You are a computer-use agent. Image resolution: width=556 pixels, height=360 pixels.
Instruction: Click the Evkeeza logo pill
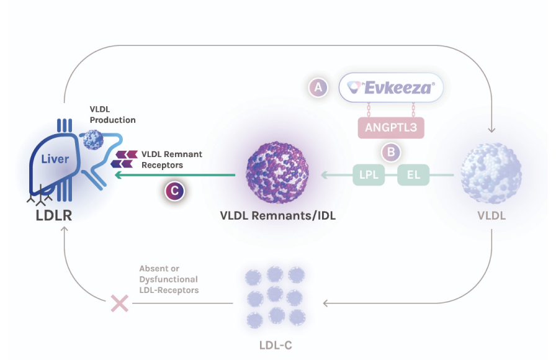pyautogui.click(x=391, y=88)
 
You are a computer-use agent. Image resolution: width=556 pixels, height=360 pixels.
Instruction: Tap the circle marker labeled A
pyautogui.click(x=318, y=88)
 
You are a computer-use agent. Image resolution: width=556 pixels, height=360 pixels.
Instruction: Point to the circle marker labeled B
pyautogui.click(x=391, y=151)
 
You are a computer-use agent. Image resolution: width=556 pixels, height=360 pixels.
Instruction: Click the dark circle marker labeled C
pyautogui.click(x=174, y=191)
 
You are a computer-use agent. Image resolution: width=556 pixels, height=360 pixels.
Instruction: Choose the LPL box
pyautogui.click(x=368, y=176)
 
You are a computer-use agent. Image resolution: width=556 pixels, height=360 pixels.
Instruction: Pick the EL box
pyautogui.click(x=413, y=176)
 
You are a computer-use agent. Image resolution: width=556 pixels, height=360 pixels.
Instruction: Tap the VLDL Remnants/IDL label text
pyautogui.click(x=277, y=216)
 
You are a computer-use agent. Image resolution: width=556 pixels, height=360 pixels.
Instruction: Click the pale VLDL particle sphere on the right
pyautogui.click(x=490, y=173)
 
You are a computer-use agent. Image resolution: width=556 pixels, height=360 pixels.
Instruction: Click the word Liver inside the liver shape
pyautogui.click(x=55, y=160)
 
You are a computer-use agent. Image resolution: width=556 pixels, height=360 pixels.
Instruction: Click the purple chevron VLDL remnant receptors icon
pyautogui.click(x=124, y=159)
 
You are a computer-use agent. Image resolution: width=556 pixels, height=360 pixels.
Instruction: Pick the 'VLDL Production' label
pyautogui.click(x=112, y=114)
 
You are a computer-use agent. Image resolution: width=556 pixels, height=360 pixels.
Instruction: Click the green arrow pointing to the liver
pyautogui.click(x=174, y=176)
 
